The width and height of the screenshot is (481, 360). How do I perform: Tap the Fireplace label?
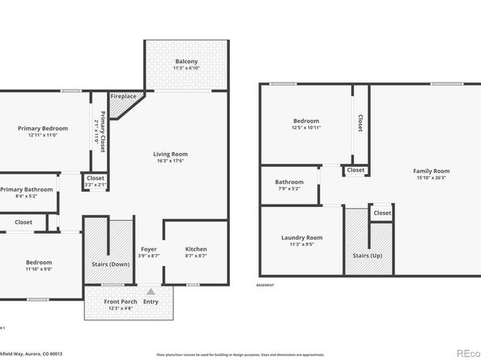coord(122,96)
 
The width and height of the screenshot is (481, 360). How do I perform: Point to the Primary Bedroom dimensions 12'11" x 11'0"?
coord(44,135)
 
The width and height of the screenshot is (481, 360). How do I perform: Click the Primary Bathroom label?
coord(26,189)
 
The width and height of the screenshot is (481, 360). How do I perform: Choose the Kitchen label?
coord(196,249)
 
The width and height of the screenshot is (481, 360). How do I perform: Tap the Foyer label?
coord(148,249)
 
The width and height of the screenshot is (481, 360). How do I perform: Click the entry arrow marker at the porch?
coord(151,291)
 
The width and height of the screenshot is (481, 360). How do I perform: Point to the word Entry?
coord(151,302)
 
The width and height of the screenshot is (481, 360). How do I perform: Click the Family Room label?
coord(431,171)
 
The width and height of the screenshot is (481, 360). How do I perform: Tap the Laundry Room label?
coord(302,237)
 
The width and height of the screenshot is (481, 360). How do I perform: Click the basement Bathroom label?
coord(289,182)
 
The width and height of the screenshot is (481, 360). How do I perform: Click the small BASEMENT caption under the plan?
coord(265,286)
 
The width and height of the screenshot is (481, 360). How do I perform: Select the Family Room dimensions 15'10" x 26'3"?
coord(431,178)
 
